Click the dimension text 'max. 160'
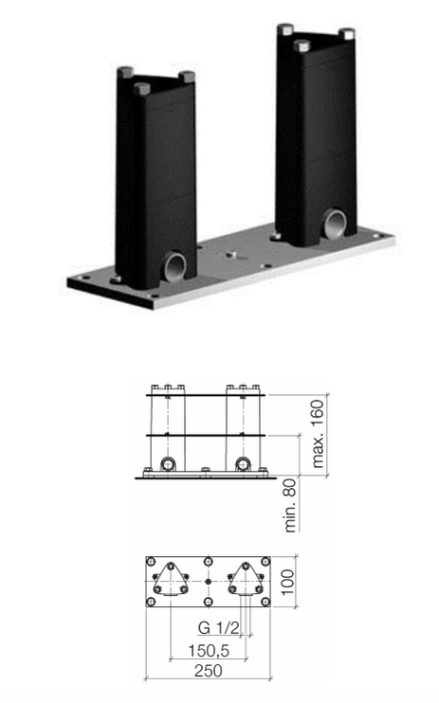click(318, 437)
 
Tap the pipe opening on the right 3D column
click(336, 225)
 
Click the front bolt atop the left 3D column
click(142, 89)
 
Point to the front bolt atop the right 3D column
click(302, 45)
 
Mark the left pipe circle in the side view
click(168, 464)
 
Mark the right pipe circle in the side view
click(244, 464)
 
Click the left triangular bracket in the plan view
click(170, 580)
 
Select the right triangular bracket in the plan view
click(245, 580)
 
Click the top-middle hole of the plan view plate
click(208, 561)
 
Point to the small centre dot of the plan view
click(208, 581)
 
